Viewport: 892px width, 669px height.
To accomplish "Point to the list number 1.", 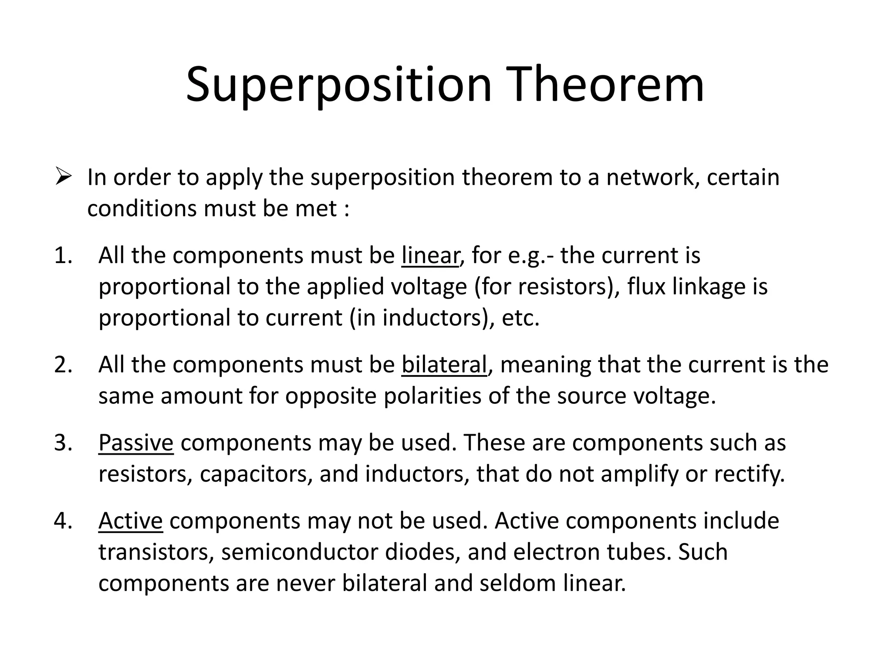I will [63, 255].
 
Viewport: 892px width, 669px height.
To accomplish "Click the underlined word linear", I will [430, 256].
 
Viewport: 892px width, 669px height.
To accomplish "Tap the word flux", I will [646, 287].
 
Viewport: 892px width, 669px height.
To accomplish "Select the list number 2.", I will [63, 365].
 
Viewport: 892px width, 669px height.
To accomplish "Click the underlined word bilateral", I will [444, 365].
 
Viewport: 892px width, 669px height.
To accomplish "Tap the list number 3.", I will [63, 443].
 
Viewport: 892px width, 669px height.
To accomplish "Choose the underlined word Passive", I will [136, 443].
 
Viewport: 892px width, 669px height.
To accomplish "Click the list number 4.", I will [63, 521].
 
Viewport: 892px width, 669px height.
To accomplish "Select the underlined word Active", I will [130, 521].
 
